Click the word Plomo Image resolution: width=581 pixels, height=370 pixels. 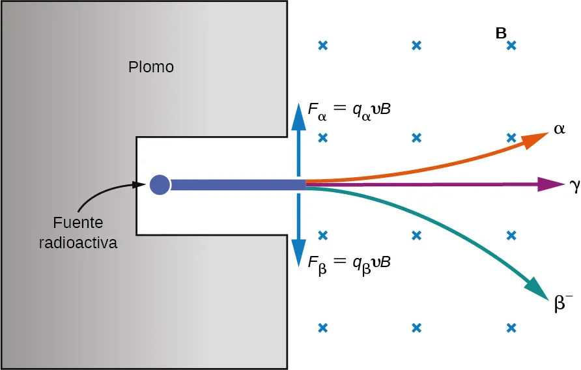click(151, 66)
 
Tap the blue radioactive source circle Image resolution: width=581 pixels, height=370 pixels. click(160, 185)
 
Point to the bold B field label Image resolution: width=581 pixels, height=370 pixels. click(501, 34)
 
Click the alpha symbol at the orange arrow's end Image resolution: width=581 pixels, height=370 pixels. click(559, 130)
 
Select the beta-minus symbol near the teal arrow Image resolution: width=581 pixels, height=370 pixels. click(563, 304)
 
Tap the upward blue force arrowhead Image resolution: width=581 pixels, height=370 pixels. click(298, 114)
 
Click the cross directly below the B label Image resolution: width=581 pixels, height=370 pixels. click(511, 46)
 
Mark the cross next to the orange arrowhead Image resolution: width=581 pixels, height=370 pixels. click(511, 138)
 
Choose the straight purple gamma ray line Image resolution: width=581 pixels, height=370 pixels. click(423, 186)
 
